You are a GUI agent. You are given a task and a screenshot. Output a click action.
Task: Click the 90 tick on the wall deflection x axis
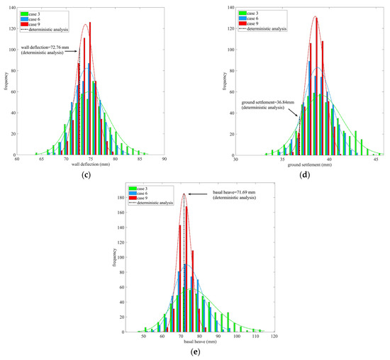click(164, 159)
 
